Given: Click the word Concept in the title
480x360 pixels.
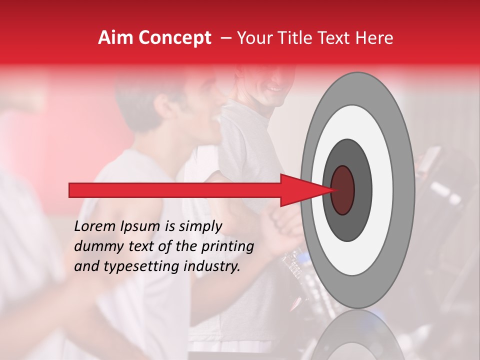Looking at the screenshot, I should (174, 38).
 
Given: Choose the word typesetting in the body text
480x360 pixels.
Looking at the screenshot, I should (134, 266).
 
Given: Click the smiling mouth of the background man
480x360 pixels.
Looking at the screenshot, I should (274, 89).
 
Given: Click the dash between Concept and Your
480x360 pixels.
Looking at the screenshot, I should (226, 38).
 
